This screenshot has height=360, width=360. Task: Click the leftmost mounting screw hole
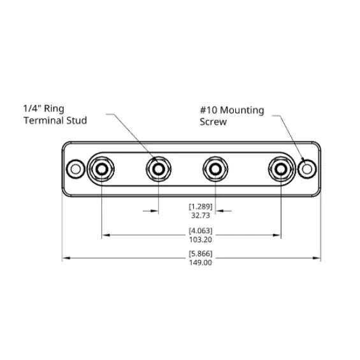coord(76,169)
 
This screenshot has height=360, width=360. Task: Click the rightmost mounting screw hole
coord(307,169)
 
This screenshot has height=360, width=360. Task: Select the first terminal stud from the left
coord(101,169)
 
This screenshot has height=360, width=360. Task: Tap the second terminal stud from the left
coord(158,169)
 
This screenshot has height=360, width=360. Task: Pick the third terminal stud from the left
coord(215,169)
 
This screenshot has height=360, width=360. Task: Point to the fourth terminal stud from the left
coord(281,169)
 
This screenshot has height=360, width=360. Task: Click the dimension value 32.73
coord(201,215)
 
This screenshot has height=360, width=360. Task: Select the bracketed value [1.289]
coord(201,206)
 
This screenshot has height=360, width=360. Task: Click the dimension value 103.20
coord(201,240)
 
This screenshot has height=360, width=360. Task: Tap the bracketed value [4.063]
coord(201,231)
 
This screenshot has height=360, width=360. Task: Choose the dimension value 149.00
coord(201,263)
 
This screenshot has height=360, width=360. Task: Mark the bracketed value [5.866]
coord(201,254)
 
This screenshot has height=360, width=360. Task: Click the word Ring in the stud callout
coord(54,109)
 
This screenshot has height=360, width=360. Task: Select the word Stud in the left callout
coord(76,120)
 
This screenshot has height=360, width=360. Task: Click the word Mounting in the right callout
coord(242,110)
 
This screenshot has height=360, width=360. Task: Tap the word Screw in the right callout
coord(213,122)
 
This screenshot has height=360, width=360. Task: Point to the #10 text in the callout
coord(208,110)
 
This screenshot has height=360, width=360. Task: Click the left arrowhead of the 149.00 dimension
coord(66,258)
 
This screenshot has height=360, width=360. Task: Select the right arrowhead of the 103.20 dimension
coord(277,235)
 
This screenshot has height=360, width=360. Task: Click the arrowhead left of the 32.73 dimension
coord(154,211)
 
